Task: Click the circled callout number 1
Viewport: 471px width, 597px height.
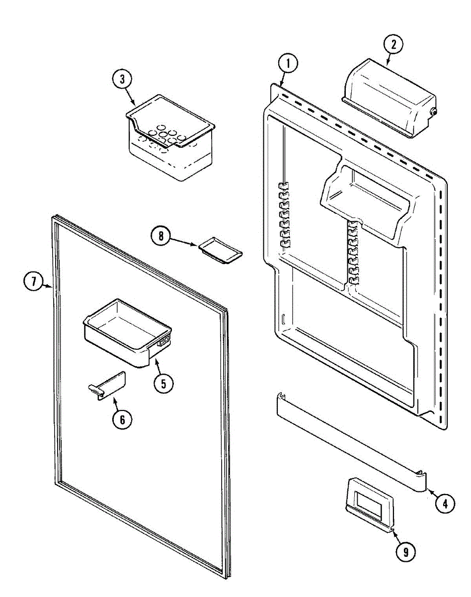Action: point(288,64)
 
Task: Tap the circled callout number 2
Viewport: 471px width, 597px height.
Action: point(393,44)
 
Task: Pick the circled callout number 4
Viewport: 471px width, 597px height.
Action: point(445,503)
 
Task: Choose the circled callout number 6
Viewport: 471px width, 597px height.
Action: point(122,419)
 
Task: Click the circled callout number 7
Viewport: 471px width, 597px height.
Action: point(32,282)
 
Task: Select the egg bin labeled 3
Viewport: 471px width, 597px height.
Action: point(169,139)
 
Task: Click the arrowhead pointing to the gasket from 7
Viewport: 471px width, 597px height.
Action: point(50,287)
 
